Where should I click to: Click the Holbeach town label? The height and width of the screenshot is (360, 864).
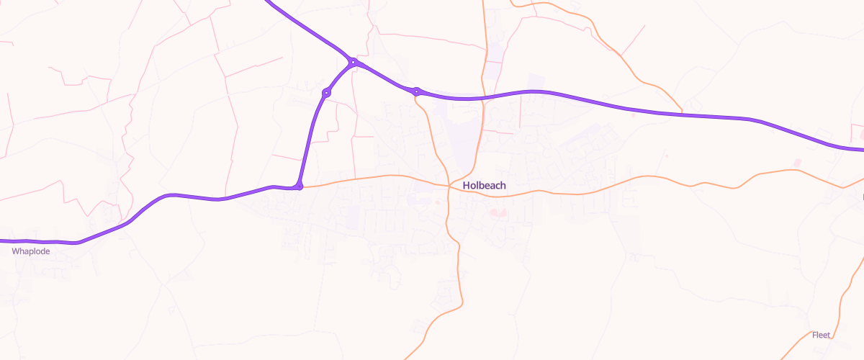(x=484, y=185)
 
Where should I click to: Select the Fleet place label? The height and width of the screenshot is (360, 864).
(x=821, y=335)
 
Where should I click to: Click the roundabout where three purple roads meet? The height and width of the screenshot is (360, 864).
(x=353, y=63)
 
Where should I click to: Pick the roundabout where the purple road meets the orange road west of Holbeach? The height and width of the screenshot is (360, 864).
(x=299, y=187)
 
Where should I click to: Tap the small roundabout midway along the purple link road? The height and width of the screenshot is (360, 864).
(x=326, y=92)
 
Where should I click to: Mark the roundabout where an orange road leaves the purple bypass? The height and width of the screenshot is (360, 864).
(x=416, y=91)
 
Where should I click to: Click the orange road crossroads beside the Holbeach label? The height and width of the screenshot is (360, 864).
(x=449, y=186)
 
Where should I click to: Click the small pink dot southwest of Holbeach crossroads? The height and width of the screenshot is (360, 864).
(x=437, y=202)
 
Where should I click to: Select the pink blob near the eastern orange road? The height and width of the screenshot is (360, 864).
(x=797, y=162)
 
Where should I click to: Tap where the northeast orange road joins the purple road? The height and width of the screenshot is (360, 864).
(x=681, y=113)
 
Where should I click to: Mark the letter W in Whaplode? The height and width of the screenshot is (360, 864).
(x=15, y=251)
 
